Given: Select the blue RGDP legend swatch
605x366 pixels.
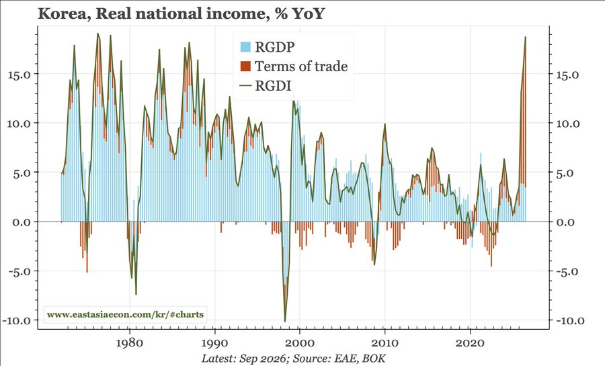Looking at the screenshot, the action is (x=246, y=47).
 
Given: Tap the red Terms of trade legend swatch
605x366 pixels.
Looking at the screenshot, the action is (x=246, y=66).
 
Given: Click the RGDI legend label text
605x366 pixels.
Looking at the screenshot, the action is (x=273, y=86).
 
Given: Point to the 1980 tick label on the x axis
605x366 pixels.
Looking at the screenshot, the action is (x=130, y=342).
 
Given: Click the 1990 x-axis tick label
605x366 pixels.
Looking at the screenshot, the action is (x=214, y=342).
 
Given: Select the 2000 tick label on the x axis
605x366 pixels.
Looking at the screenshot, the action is (x=299, y=342).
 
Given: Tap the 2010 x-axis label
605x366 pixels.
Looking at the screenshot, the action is (x=385, y=342).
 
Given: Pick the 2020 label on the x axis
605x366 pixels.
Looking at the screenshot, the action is (x=470, y=342).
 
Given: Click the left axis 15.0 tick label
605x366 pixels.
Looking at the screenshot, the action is (x=19, y=74).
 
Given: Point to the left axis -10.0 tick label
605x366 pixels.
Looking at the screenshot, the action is (x=17, y=320).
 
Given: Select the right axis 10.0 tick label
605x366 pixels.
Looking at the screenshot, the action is (x=567, y=124).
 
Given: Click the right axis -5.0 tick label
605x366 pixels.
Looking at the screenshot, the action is (x=567, y=271).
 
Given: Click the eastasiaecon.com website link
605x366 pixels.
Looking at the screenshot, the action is (x=125, y=314).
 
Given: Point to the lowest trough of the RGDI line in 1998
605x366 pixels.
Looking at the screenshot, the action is (x=285, y=321).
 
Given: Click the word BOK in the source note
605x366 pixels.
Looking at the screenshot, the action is (x=374, y=358).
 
